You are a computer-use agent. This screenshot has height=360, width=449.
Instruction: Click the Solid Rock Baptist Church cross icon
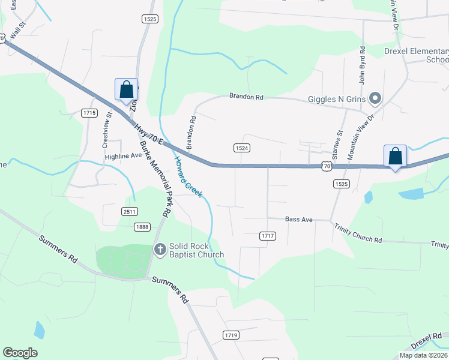pyautogui.click(x=160, y=249)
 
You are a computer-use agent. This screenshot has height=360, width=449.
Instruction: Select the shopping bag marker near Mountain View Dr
pyautogui.click(x=396, y=157)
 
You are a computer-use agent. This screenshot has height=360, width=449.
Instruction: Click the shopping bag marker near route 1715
pyautogui.click(x=126, y=90)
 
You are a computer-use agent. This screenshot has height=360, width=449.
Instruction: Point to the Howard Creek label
pyautogui.click(x=189, y=176)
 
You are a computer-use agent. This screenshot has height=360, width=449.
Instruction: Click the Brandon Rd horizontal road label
pyautogui.click(x=246, y=97)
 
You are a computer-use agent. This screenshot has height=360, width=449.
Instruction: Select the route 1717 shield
pyautogui.click(x=268, y=236)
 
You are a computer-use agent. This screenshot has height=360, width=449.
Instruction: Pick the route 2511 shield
pyautogui.click(x=130, y=211)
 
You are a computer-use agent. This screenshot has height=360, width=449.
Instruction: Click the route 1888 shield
pyautogui.click(x=142, y=226)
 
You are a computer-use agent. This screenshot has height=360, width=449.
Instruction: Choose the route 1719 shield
pyautogui.click(x=231, y=335)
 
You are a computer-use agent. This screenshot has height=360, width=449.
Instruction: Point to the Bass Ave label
pyautogui.click(x=299, y=220)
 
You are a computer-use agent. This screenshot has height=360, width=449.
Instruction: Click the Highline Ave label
pyautogui.click(x=124, y=155)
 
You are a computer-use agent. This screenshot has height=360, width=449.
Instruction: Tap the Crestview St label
pyautogui.click(x=107, y=130)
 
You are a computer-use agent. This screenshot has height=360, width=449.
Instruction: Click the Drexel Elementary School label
pyautogui.click(x=416, y=55)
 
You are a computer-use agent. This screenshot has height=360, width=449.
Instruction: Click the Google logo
pyautogui.click(x=20, y=353)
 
